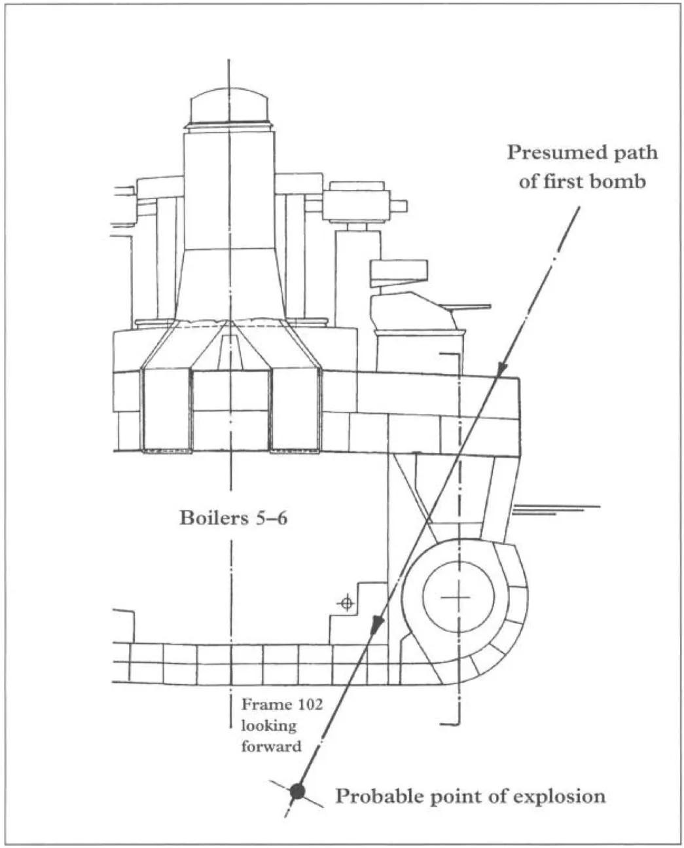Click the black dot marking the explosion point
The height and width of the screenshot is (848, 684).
(298, 790)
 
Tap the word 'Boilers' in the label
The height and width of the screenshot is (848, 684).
(210, 519)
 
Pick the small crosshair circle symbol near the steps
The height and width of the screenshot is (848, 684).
(347, 603)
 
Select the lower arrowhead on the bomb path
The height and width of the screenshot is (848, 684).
(376, 627)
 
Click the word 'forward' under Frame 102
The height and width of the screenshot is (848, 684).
(271, 746)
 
